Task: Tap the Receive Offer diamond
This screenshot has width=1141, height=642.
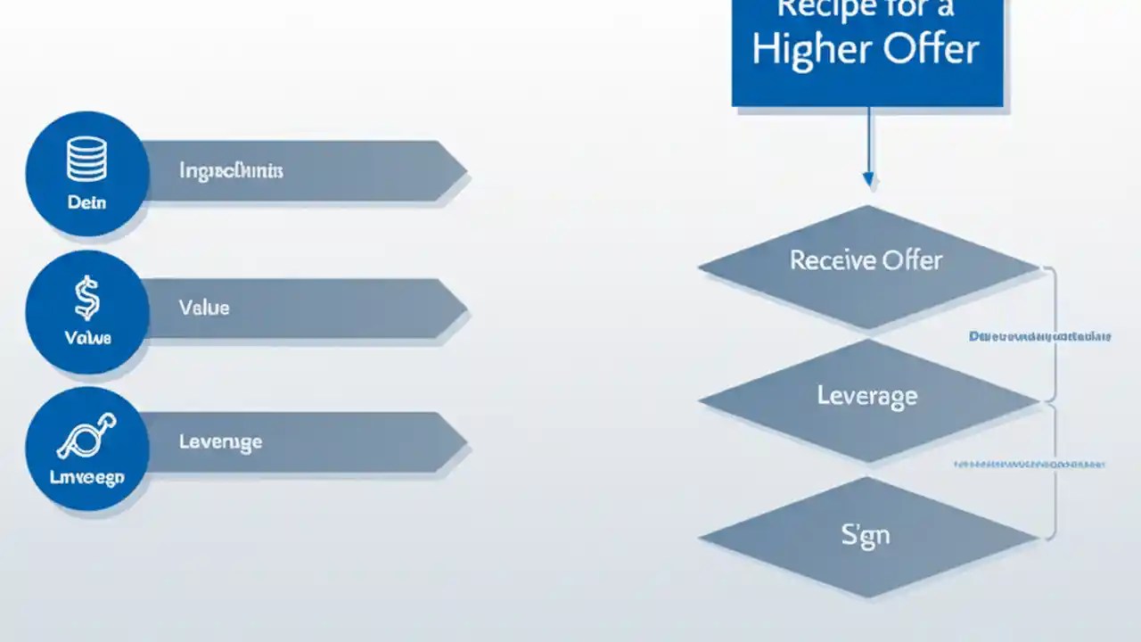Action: point(866,260)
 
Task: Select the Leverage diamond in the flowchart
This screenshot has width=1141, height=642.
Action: point(866,395)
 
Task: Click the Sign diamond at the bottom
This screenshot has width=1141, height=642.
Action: point(866,535)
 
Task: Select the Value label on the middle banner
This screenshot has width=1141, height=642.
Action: point(204,308)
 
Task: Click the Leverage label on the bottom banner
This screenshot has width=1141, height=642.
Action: point(220,441)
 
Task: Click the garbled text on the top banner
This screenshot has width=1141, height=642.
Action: point(231,169)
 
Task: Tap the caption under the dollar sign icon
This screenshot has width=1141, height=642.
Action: point(87,338)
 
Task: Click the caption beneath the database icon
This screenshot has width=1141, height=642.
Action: point(86,202)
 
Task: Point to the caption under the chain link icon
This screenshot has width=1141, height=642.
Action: point(86,478)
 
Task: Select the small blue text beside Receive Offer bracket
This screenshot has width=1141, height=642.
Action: point(1039,337)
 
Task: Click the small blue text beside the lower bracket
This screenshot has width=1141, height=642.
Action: point(1030,465)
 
